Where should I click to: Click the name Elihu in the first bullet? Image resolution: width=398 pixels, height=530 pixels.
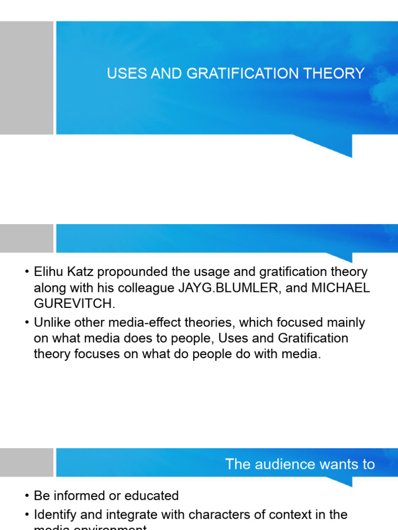[48, 272]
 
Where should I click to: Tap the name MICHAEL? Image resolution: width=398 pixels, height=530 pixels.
[340, 288]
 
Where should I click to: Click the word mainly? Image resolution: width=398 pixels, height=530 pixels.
[346, 323]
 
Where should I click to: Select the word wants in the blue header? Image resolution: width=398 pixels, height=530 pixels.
[339, 464]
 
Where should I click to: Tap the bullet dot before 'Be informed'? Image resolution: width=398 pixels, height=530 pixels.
[26, 496]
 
